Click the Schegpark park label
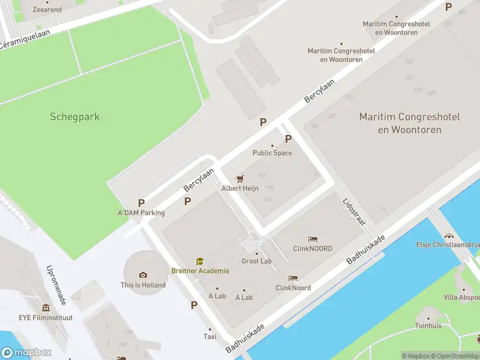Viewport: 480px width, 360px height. (75, 116)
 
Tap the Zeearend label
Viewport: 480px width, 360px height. (47, 10)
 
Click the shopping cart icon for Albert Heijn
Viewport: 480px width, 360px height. (240, 178)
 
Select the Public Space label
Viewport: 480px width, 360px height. (272, 152)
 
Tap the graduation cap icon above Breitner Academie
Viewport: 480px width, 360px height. (199, 261)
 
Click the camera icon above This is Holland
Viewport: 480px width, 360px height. (143, 275)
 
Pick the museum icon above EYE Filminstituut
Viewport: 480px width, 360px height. (46, 307)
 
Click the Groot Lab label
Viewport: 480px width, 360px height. (256, 261)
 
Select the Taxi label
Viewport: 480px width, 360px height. (209, 337)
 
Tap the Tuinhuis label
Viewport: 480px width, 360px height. (428, 326)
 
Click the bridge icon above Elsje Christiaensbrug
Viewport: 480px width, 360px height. (448, 235)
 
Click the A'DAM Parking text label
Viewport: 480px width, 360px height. (141, 212)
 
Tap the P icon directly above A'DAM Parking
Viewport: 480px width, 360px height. (141, 203)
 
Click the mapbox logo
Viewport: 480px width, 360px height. (26, 353)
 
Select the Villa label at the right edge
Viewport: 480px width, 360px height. (462, 297)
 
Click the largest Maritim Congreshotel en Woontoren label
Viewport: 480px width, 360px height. (409, 123)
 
